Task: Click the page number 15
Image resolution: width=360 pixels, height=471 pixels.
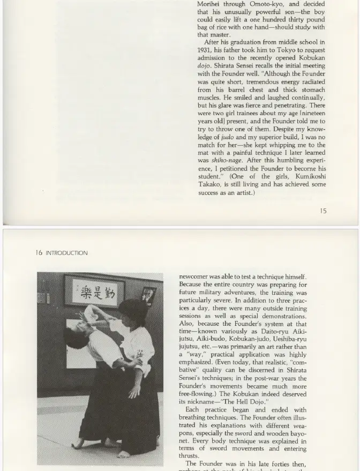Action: coord(323,211)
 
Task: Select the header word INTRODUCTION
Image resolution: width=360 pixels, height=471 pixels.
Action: coord(66,253)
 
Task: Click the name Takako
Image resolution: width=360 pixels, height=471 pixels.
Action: coord(210,184)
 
